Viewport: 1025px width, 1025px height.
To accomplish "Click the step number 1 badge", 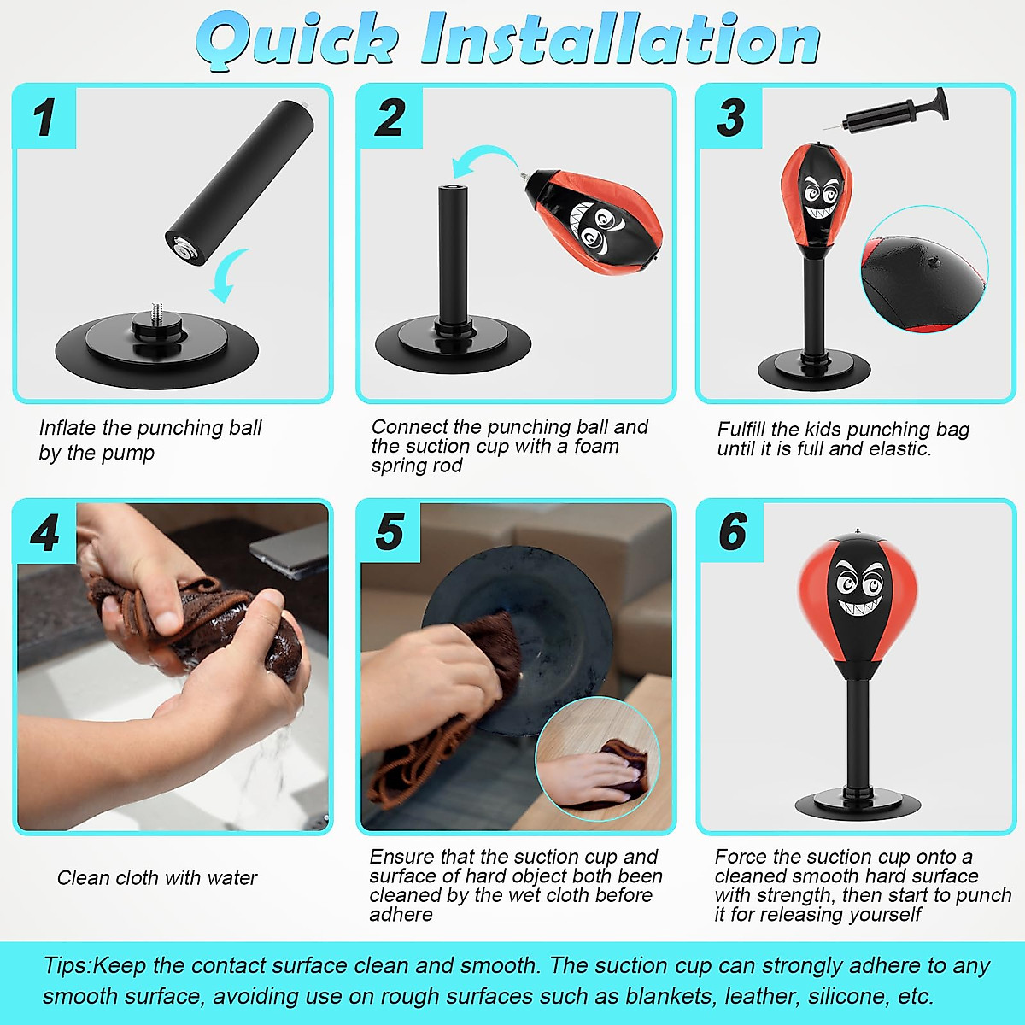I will pos(44,118).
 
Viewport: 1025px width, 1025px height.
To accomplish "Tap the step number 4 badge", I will pos(44,533).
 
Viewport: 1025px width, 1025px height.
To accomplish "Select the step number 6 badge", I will pos(732,533).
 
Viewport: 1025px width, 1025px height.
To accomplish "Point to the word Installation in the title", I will pos(620,39).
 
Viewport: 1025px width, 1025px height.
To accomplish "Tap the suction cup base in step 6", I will pos(858,803).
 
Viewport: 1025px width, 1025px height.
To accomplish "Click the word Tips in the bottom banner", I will pos(66,966).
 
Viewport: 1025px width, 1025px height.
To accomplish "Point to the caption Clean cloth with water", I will pos(156,878).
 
